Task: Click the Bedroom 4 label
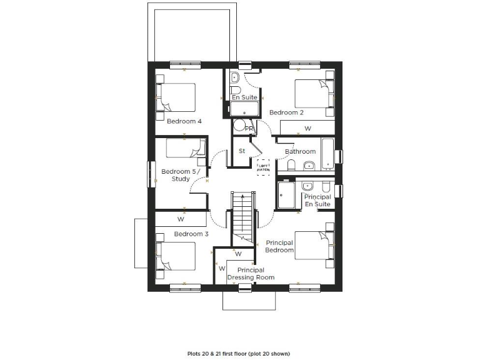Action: tap(184, 121)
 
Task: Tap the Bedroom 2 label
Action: tap(286, 112)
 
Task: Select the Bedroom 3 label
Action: tap(191, 234)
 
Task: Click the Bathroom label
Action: tap(300, 152)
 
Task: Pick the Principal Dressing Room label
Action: tap(250, 274)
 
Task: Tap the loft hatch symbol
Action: tap(263, 166)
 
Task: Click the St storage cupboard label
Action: tap(241, 151)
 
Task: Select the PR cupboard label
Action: tap(249, 129)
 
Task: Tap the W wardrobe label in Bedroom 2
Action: tap(307, 128)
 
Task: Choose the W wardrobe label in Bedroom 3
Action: tap(181, 219)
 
